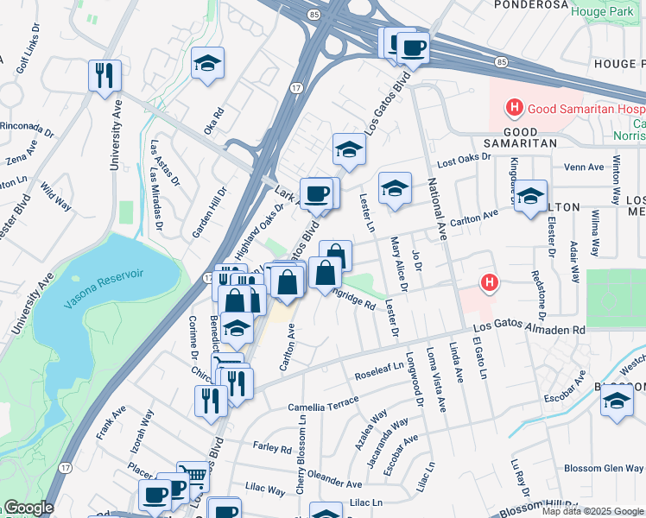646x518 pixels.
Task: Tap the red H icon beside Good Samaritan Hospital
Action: click(x=515, y=109)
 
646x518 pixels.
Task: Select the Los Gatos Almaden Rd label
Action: click(x=530, y=330)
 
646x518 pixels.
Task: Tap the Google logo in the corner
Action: click(x=28, y=509)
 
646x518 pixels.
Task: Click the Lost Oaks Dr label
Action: click(x=463, y=160)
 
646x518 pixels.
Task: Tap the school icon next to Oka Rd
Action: click(x=207, y=65)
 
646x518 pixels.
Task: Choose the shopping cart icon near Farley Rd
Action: click(x=193, y=476)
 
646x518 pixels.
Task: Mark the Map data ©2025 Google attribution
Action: click(x=592, y=511)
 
